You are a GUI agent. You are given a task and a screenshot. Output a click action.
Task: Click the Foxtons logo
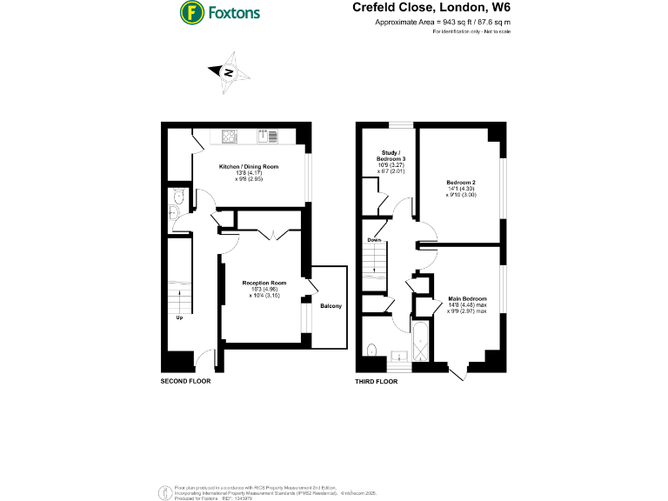tap(219, 13)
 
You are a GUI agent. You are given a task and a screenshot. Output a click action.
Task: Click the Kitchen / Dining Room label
tap(249, 165)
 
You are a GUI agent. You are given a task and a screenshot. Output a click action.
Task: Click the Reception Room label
tap(264, 284)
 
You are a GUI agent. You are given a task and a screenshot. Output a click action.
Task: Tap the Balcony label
tap(331, 306)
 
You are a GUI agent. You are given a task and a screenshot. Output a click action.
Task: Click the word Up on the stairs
tap(179, 317)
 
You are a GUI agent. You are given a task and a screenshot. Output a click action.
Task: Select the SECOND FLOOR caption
tap(185, 381)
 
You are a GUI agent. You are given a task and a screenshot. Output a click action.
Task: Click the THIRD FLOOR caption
tap(377, 381)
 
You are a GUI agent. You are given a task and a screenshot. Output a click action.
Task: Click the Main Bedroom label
tap(468, 298)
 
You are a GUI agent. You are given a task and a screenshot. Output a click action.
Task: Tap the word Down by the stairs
tap(373, 240)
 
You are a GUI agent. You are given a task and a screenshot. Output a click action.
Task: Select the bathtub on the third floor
tap(418, 342)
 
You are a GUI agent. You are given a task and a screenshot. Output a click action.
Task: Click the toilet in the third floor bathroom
tap(372, 350)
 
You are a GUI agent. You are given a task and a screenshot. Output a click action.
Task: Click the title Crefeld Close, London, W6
tap(431, 8)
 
